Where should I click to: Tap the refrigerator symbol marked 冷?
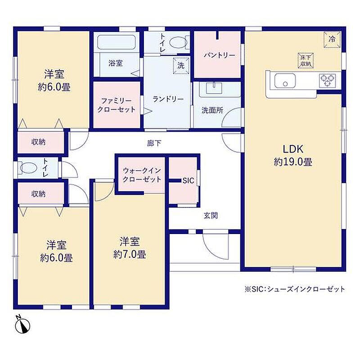(x=332, y=39)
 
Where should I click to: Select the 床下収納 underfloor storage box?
(x=306, y=61)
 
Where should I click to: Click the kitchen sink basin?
(x=285, y=81)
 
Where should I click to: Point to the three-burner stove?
(x=328, y=81)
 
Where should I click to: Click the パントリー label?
(x=220, y=55)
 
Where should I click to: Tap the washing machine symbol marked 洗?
(x=181, y=66)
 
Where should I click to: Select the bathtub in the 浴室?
(x=117, y=42)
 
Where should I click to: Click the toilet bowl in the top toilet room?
(x=179, y=42)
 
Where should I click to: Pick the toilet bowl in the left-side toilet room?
(x=27, y=168)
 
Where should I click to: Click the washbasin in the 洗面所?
(x=214, y=88)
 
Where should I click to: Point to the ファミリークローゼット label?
(x=117, y=105)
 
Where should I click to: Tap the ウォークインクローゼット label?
(x=142, y=175)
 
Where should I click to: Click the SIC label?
(x=188, y=181)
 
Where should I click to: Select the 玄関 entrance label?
(x=211, y=216)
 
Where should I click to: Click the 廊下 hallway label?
(x=154, y=144)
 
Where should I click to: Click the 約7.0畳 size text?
(x=130, y=254)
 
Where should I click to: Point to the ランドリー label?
(x=168, y=99)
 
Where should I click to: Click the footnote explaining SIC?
(x=295, y=289)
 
